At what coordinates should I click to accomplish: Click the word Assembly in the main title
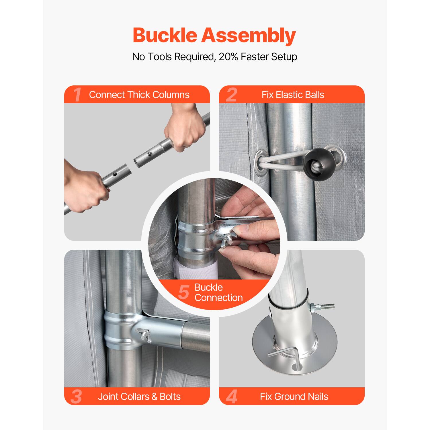click(x=248, y=36)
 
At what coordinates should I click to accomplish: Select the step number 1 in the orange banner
click(x=77, y=95)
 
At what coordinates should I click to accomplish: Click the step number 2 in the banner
click(x=232, y=95)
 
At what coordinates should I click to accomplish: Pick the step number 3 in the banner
click(x=76, y=397)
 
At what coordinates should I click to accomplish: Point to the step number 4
click(x=232, y=397)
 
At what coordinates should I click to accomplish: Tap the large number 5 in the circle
click(x=183, y=292)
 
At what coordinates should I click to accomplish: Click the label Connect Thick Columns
click(x=139, y=95)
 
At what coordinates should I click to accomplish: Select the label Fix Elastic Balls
click(x=293, y=95)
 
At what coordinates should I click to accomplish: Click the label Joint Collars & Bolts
click(x=139, y=397)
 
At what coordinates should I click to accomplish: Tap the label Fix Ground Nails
click(x=294, y=397)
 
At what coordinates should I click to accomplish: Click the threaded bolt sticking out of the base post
click(x=325, y=306)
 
